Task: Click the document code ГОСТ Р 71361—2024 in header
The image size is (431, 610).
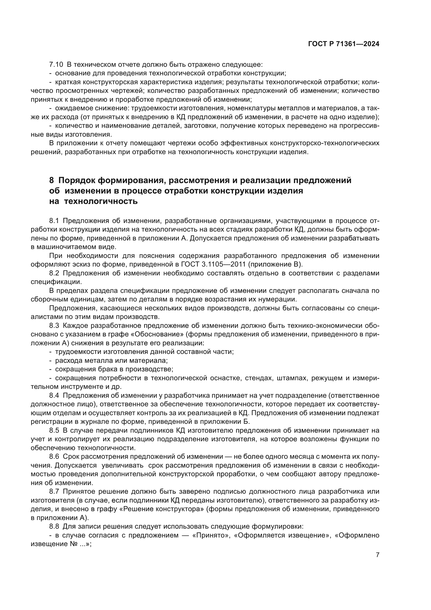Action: point(344,44)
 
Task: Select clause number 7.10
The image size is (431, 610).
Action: point(56,64)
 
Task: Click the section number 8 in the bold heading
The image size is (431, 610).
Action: point(52,180)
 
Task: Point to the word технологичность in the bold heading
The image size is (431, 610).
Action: point(101,201)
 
